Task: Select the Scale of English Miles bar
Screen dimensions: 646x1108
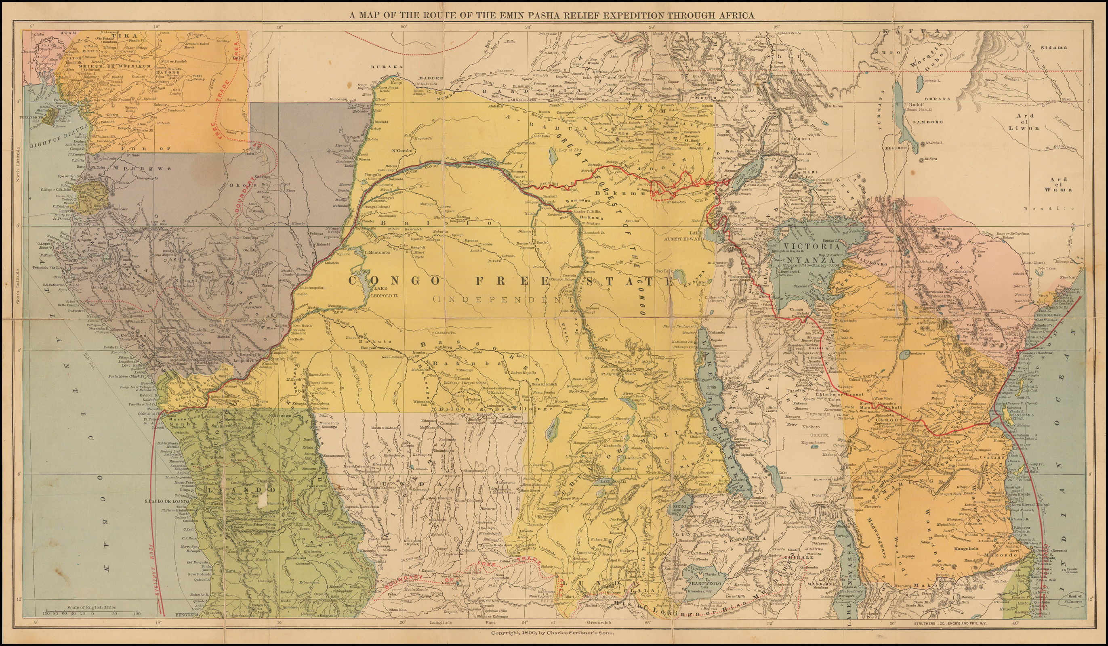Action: (x=91, y=612)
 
